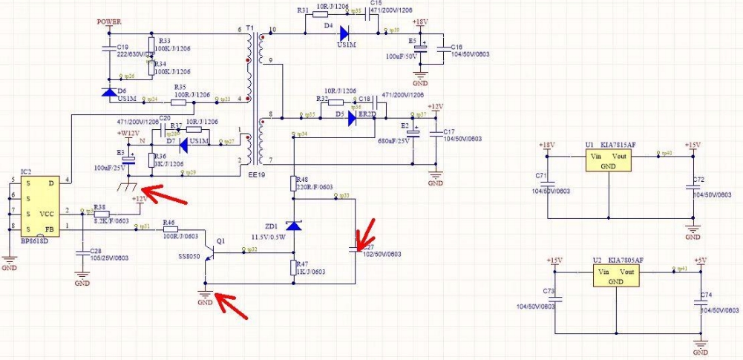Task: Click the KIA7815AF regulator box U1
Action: coord(609,161)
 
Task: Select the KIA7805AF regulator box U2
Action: coord(616,277)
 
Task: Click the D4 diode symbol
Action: coord(343,32)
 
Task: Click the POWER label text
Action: coord(110,22)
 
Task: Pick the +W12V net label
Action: coord(128,133)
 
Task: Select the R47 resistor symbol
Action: coord(295,268)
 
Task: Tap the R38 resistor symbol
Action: coord(102,213)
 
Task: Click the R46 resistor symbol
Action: coord(170,229)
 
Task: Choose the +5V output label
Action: coord(700,261)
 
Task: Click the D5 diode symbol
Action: coord(354,116)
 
